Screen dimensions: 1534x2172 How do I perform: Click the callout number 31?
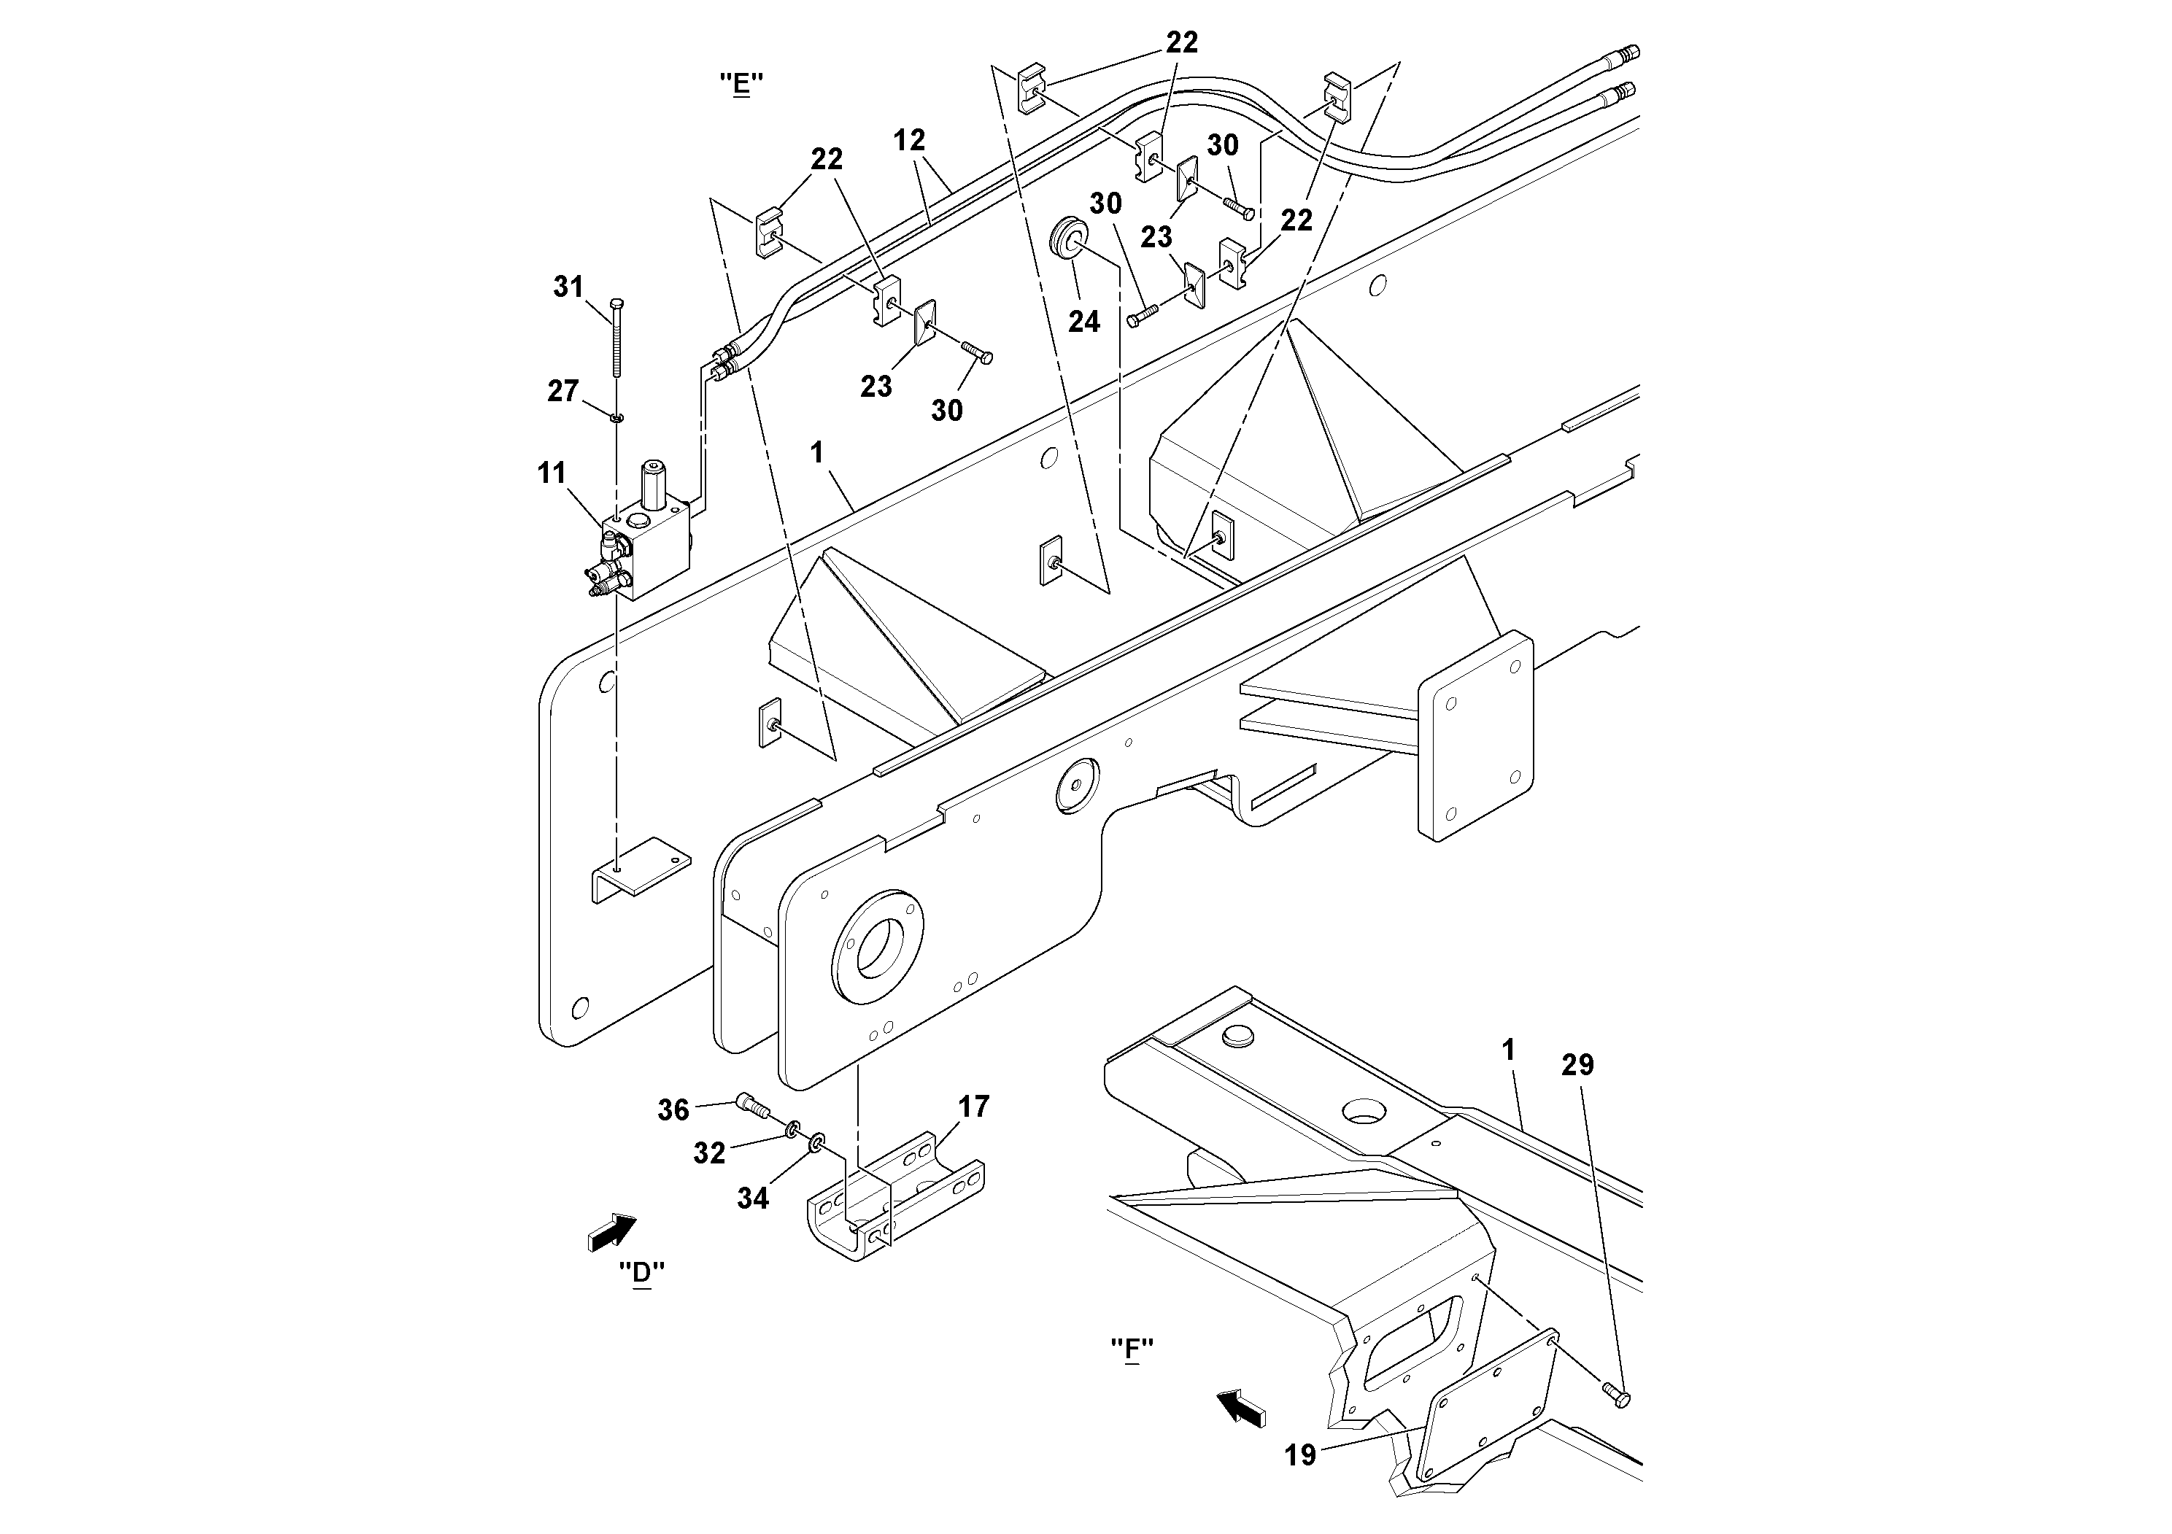point(568,287)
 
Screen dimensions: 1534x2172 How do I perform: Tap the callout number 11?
point(552,473)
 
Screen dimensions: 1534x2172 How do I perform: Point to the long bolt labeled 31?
point(616,341)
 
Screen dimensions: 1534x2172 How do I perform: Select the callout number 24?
point(1083,322)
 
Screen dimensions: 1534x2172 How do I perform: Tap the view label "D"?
point(641,1272)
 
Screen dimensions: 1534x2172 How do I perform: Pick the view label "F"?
point(1132,1349)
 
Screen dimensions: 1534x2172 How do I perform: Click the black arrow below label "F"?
point(1241,1407)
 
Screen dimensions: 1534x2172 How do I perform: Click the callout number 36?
point(673,1110)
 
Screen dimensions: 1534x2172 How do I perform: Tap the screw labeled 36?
point(752,1104)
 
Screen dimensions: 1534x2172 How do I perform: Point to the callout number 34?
point(753,1198)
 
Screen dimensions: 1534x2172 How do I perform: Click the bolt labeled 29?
point(1617,1392)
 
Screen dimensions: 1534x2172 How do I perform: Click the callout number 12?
point(908,141)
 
